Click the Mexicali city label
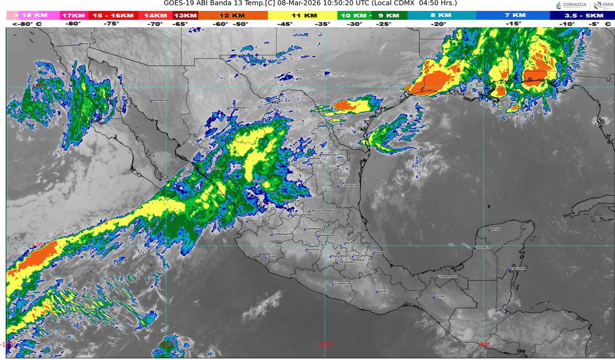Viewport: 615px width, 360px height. click(x=86, y=44)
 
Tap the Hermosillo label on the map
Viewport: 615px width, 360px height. click(x=160, y=100)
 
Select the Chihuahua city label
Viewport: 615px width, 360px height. click(x=237, y=107)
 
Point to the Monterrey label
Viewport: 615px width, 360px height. click(x=328, y=154)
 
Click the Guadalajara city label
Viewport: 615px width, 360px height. click(x=281, y=234)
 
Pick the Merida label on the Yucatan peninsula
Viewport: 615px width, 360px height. click(x=495, y=229)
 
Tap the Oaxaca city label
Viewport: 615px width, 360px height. click(x=383, y=291)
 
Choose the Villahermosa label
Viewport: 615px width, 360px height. click(x=447, y=276)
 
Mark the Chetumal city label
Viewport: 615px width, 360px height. click(x=518, y=269)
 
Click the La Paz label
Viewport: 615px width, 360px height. click(x=166, y=179)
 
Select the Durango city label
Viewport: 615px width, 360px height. click(x=258, y=181)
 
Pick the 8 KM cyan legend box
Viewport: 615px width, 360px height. click(x=441, y=15)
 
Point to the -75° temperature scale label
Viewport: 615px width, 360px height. click(x=111, y=24)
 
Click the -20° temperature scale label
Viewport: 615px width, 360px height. click(x=439, y=24)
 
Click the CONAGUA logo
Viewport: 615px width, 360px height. click(x=571, y=5)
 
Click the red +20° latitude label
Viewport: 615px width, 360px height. click(x=39, y=244)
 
